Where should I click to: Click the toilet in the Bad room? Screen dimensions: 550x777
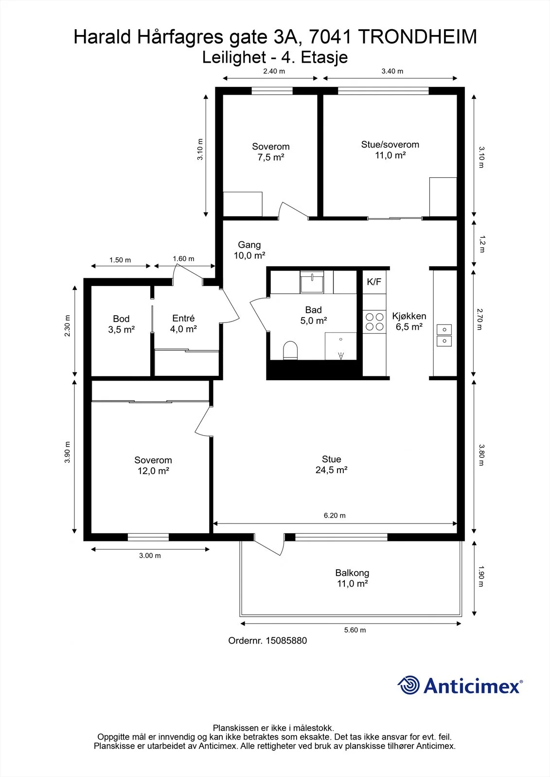(290, 350)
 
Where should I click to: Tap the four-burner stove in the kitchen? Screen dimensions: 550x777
(374, 321)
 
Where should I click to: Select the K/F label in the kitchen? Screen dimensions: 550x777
(374, 282)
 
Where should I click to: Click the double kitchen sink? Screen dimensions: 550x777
(444, 336)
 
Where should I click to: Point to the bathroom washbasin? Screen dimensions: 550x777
(312, 282)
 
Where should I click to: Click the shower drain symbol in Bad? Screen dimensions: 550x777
(341, 355)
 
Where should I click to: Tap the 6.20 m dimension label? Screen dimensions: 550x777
(335, 515)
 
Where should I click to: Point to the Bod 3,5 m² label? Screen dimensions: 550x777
(121, 324)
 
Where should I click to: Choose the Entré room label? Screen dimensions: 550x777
(183, 318)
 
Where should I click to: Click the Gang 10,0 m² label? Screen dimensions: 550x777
(249, 250)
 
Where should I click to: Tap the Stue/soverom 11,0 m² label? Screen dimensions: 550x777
(390, 150)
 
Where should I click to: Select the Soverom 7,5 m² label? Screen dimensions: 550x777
(271, 152)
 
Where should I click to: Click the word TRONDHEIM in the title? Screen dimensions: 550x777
(417, 37)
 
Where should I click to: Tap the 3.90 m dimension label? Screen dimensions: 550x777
(67, 452)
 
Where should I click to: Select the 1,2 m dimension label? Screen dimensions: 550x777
(482, 244)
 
